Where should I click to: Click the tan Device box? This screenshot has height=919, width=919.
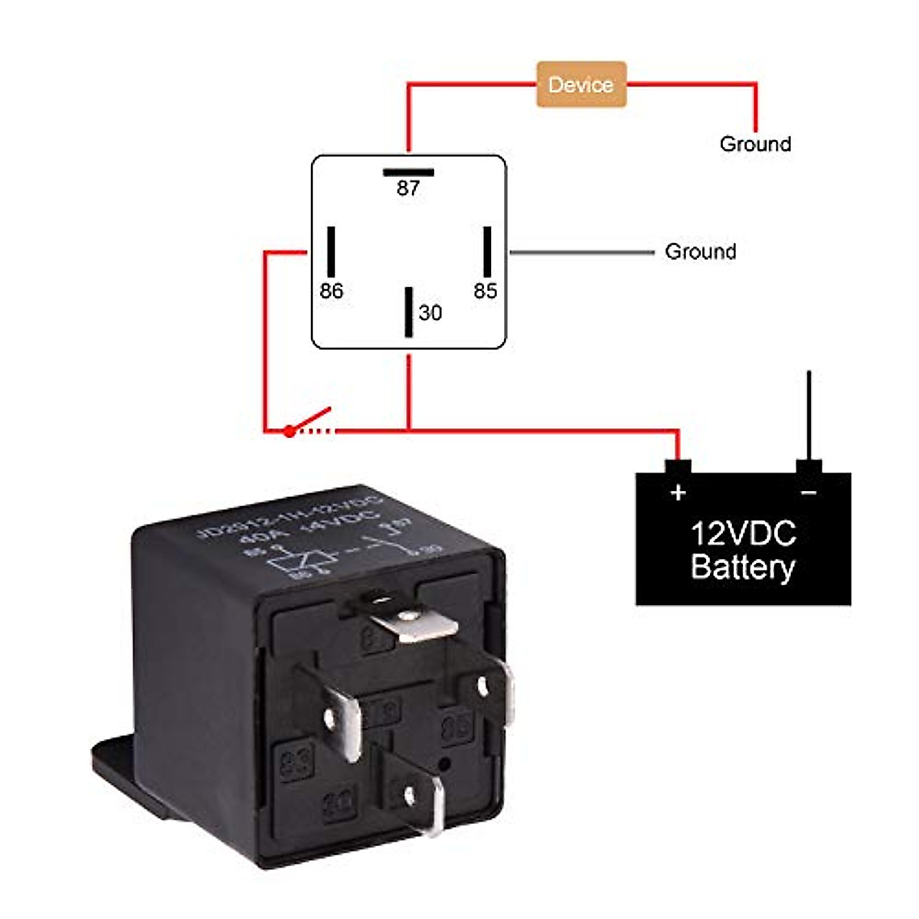[x=581, y=84]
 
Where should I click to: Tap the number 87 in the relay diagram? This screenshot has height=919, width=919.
[x=408, y=188]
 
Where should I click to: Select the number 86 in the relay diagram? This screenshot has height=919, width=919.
[x=331, y=291]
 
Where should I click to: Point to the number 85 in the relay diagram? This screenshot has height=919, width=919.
[x=485, y=291]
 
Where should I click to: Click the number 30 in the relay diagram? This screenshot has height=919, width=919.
[x=430, y=312]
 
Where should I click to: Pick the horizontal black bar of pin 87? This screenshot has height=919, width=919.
[x=408, y=172]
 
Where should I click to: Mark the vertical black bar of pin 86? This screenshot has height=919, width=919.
[x=331, y=251]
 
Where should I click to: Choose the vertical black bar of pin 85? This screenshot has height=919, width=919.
[x=486, y=251]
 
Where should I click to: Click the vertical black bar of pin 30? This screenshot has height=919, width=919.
[x=409, y=312]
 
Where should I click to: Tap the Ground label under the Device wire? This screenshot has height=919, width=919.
[x=755, y=144]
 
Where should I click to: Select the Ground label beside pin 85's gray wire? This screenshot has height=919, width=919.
[x=700, y=252]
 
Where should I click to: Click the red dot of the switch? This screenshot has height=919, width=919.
[x=289, y=432]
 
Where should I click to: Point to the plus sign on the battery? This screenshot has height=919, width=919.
[x=678, y=492]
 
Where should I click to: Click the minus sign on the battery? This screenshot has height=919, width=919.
[x=809, y=492]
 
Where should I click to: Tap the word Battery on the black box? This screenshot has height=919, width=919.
[x=742, y=567]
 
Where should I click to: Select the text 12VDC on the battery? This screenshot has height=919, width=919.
[x=743, y=534]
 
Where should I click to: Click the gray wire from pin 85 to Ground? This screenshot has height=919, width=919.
[x=582, y=252]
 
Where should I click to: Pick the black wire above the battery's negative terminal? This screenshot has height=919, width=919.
[x=809, y=414]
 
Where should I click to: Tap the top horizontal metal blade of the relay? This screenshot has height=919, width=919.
[x=417, y=623]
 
